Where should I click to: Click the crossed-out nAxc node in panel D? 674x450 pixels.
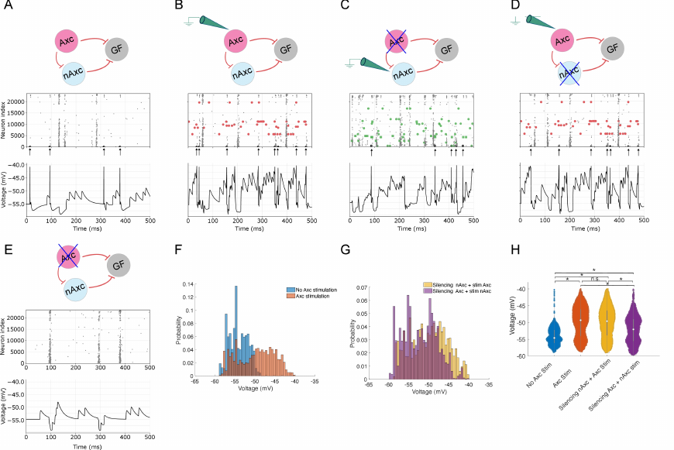(570, 74)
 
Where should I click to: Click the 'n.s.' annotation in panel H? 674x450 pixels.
(594, 277)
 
